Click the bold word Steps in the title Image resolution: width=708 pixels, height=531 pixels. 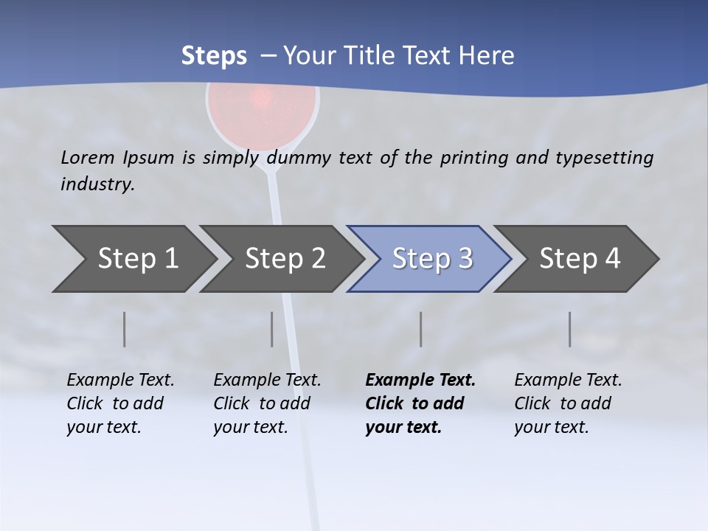tap(214, 55)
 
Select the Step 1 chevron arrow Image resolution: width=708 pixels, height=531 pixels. tap(133, 259)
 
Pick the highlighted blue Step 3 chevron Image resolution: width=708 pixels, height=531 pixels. tap(430, 259)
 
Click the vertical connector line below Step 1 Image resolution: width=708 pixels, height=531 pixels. tap(125, 329)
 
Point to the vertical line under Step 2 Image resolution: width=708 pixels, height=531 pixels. tap(272, 329)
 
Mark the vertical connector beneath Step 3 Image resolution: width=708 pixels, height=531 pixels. tap(421, 329)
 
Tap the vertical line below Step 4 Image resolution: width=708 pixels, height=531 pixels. tap(570, 329)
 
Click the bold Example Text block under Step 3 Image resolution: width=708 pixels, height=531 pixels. tap(420, 403)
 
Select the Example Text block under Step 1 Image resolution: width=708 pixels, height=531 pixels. tap(120, 403)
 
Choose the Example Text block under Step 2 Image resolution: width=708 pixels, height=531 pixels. tap(267, 403)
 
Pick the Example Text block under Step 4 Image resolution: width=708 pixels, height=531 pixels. tap(568, 403)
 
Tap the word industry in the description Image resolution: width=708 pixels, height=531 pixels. tap(97, 184)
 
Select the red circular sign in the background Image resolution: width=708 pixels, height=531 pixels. tap(262, 111)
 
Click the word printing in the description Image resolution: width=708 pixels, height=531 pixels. tap(474, 157)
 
